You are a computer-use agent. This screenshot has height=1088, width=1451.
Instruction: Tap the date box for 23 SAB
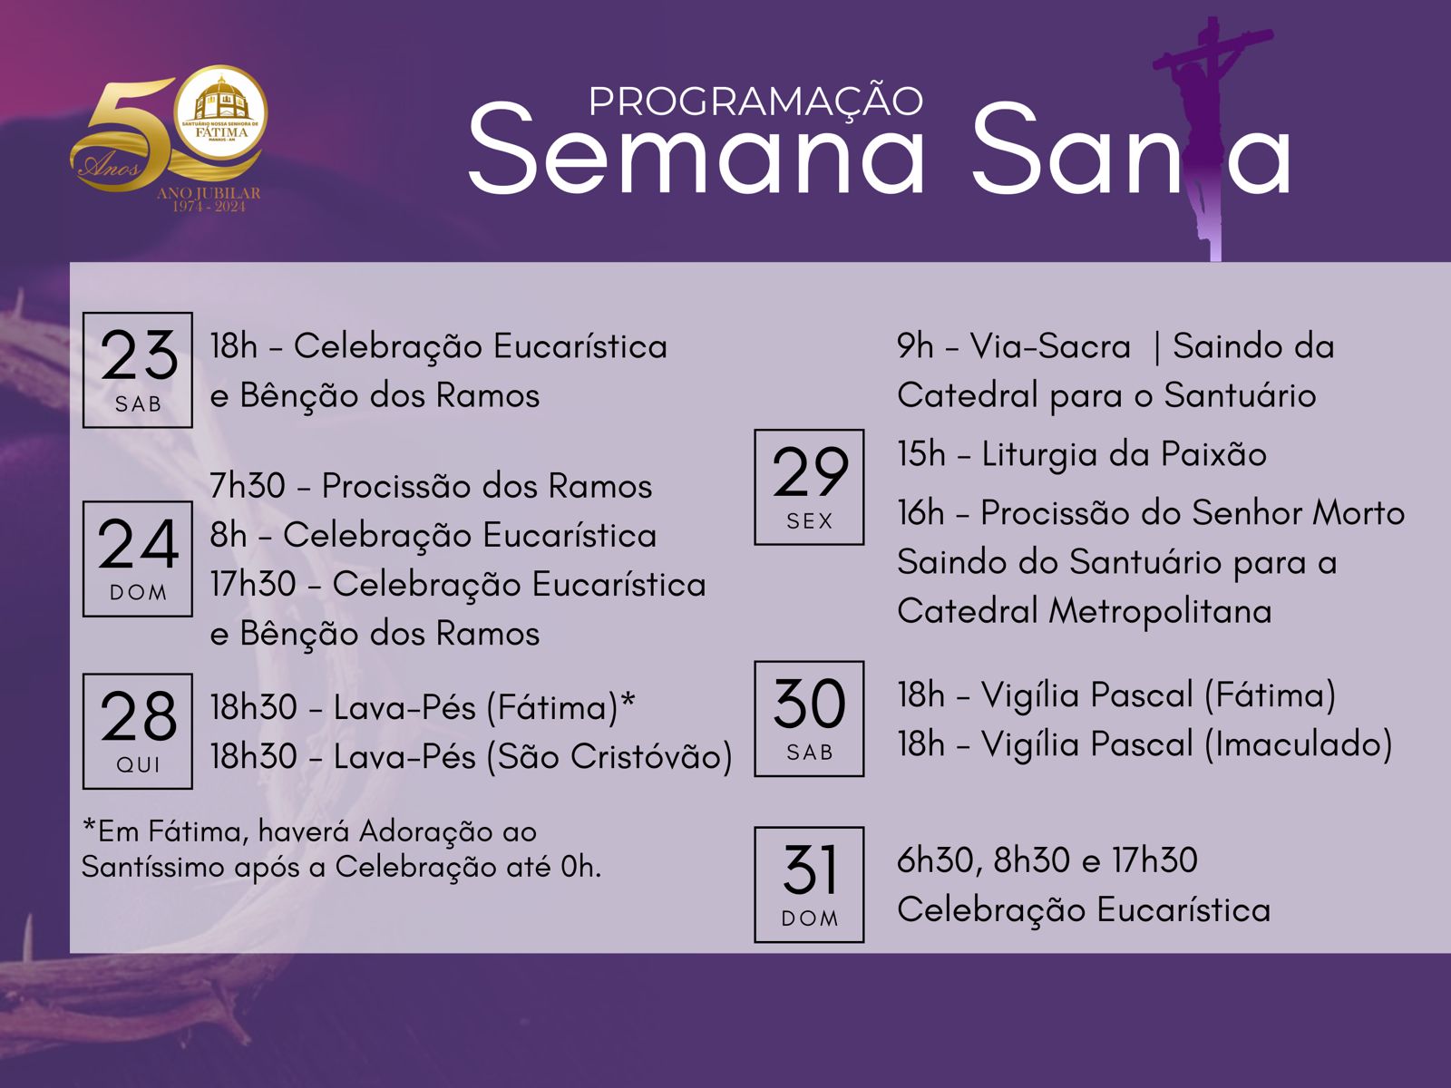[x=138, y=370]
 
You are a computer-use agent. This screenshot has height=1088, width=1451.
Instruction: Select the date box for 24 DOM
[x=138, y=559]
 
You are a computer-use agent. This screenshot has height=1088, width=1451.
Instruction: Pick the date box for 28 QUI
[x=138, y=732]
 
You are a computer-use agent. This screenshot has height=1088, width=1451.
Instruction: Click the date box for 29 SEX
[x=809, y=487]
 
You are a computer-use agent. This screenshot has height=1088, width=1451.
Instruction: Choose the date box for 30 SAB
[x=809, y=719]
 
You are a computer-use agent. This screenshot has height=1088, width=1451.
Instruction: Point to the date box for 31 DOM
[x=809, y=885]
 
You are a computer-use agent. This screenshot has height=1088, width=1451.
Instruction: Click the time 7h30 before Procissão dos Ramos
[x=248, y=486]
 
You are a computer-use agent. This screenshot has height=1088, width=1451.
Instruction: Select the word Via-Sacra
[x=1050, y=346]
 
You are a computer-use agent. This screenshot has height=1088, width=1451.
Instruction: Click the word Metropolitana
[x=1160, y=612]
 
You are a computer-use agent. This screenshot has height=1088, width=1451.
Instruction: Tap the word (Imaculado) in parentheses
[x=1299, y=744]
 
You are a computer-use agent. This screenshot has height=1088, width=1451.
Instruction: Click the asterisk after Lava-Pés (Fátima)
[x=628, y=699]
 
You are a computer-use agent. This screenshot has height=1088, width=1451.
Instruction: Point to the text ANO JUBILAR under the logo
[x=209, y=193]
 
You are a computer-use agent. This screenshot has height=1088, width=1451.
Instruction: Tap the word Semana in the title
[x=696, y=149]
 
